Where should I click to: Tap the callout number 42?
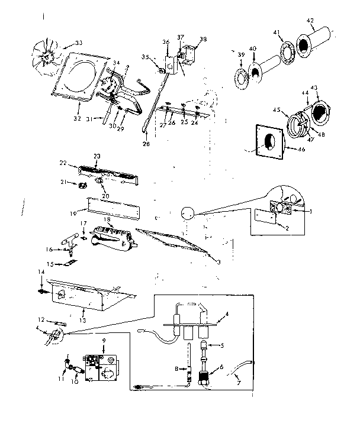coord(310,21)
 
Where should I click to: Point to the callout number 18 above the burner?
coord(108,219)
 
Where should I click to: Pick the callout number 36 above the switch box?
coord(165,41)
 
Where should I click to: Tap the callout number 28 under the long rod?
coord(146,144)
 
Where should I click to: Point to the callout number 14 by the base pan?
coord(41,271)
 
